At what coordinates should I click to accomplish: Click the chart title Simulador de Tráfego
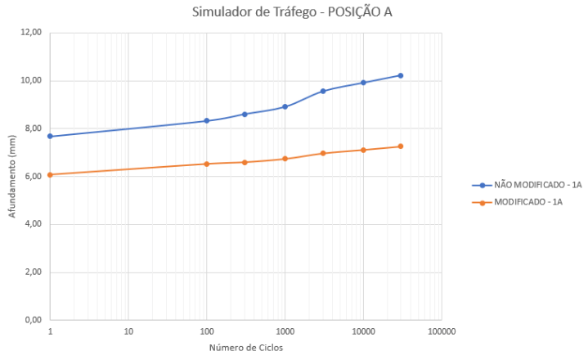[294, 12]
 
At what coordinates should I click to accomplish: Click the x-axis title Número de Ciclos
[246, 346]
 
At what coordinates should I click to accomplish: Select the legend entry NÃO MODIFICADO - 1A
[532, 186]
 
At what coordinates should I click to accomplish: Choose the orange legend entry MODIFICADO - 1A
[527, 202]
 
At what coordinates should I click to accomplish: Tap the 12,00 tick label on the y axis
[30, 33]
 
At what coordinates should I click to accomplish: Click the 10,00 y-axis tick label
[30, 81]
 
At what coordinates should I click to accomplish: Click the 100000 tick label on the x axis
[442, 332]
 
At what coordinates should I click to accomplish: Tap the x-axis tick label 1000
[285, 332]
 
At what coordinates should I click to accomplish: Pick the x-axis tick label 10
[128, 332]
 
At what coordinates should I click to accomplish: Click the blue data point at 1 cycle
[50, 136]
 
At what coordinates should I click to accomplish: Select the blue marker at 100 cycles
[207, 121]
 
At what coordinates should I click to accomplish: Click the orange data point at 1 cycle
[50, 174]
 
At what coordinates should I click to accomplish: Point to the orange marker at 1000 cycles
[285, 159]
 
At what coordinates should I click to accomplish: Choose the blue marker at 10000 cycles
[363, 83]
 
